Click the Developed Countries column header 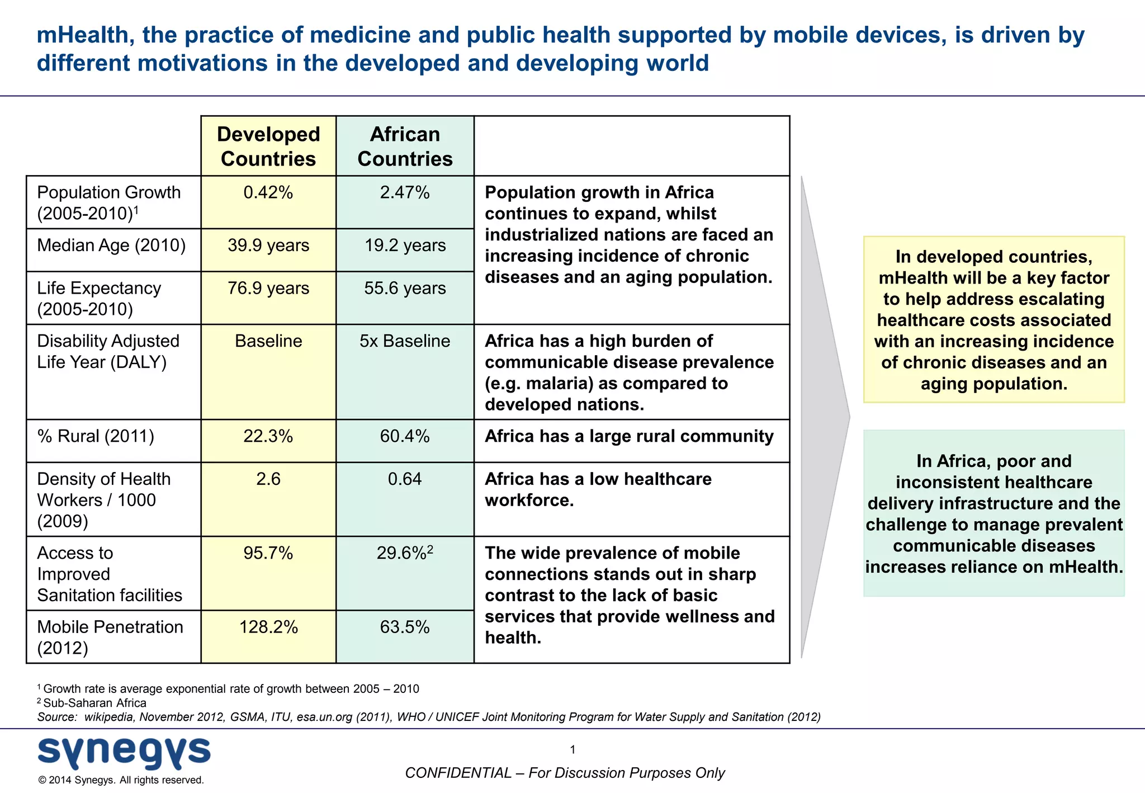point(268,147)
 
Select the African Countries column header point(405,147)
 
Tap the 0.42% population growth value point(268,192)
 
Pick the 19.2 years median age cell point(405,246)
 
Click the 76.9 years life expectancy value point(268,288)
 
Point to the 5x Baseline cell point(405,341)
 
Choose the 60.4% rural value point(405,436)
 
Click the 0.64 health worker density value point(405,479)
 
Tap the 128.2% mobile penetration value point(268,627)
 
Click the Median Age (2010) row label point(111,246)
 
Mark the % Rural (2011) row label point(96,436)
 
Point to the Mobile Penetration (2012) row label point(110,638)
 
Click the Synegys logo point(124,753)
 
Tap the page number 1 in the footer point(572,750)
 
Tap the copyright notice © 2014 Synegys point(121,780)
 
